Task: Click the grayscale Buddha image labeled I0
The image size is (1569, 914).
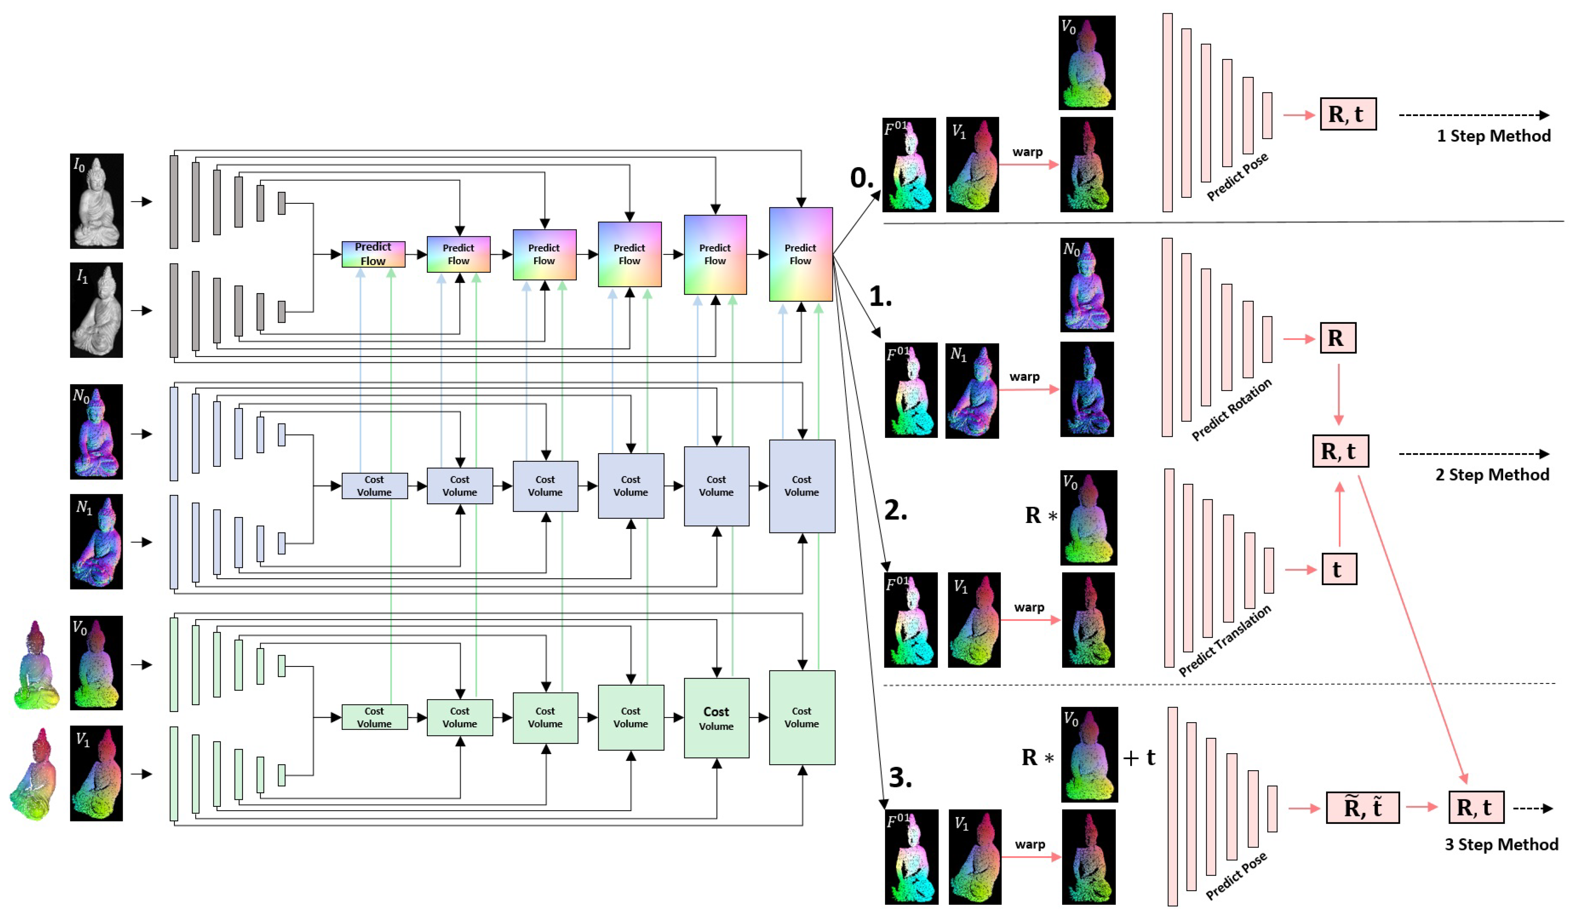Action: [96, 201]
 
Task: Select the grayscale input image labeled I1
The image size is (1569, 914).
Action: [96, 310]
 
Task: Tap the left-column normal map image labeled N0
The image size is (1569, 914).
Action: [96, 431]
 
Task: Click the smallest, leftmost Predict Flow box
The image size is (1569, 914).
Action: [373, 254]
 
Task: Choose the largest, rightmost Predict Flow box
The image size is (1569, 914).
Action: [801, 254]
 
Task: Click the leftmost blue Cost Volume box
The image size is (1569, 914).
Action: [374, 486]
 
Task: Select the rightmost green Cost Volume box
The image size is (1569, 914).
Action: [802, 717]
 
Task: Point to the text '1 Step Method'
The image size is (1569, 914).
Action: [1493, 136]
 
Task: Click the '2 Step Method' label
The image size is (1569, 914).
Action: [1492, 475]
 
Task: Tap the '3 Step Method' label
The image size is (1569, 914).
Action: [1501, 844]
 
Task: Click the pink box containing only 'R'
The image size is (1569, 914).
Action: [1338, 338]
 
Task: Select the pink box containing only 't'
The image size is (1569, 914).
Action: [1339, 569]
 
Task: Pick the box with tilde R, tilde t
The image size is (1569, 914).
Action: [1362, 808]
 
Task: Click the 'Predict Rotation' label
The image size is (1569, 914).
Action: [1231, 410]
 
